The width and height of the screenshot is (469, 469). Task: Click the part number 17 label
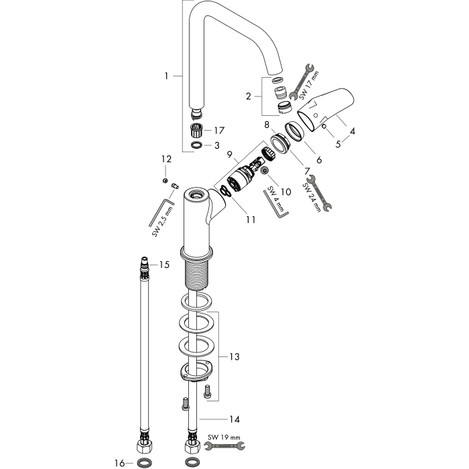pyautogui.click(x=219, y=131)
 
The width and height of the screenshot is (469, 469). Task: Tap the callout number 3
pyautogui.click(x=217, y=145)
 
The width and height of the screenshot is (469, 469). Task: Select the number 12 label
pyautogui.click(x=166, y=159)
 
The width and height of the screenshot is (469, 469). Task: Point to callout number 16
pyautogui.click(x=119, y=464)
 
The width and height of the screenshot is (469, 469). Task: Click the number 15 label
pyautogui.click(x=164, y=265)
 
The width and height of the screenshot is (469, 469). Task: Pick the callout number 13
pyautogui.click(x=234, y=356)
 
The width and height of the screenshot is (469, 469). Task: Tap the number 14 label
pyautogui.click(x=234, y=419)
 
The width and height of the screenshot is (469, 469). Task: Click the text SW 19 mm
pyautogui.click(x=224, y=438)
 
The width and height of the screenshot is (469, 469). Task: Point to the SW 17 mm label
pyautogui.click(x=310, y=85)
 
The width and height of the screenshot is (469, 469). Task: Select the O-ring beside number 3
pyautogui.click(x=196, y=145)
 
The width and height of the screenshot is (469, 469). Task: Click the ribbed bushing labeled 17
pyautogui.click(x=197, y=129)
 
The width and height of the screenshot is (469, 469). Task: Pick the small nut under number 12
pyautogui.click(x=164, y=180)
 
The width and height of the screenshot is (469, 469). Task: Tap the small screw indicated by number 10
pyautogui.click(x=264, y=170)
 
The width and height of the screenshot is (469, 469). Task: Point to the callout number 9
pyautogui.click(x=229, y=155)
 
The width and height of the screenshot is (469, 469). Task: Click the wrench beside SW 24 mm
pyautogui.click(x=319, y=193)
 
